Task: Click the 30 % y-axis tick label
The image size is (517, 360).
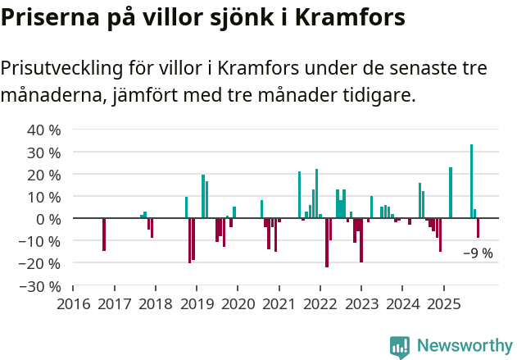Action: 44,153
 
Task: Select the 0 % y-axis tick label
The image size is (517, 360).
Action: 48,219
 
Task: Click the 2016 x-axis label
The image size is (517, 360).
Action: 73,304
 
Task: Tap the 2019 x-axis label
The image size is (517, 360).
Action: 197,304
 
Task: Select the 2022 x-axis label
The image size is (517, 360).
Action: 320,304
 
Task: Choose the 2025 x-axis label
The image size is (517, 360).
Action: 443,304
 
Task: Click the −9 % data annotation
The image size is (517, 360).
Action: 478,253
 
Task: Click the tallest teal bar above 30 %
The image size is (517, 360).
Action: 471,181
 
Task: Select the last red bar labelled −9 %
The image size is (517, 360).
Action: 478,228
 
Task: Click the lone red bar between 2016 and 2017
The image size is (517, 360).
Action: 104,235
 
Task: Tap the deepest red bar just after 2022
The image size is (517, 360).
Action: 327,243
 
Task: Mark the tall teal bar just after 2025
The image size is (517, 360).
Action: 451,193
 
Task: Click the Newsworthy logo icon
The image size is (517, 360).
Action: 400,347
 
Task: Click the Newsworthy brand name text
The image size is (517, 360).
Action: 465,347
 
